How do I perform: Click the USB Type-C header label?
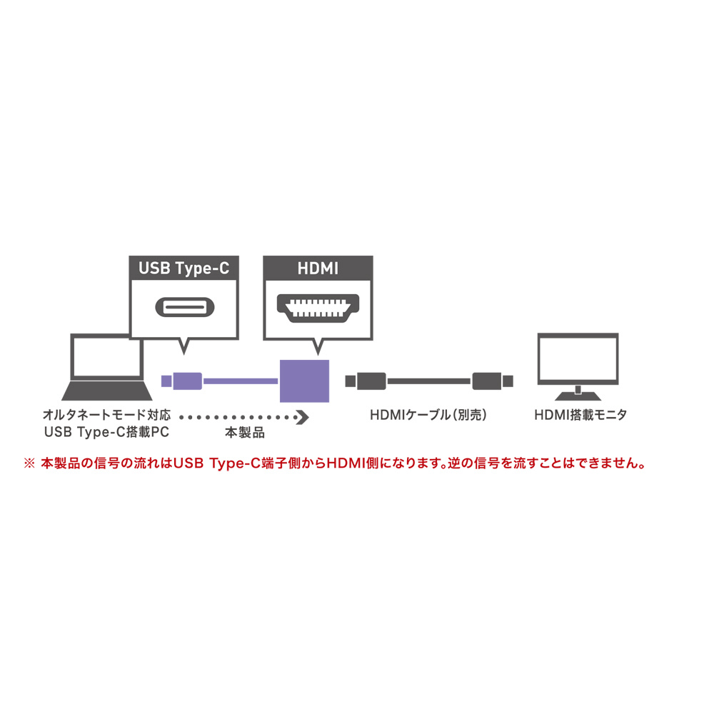pos(183,268)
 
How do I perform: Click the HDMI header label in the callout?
pos(318,268)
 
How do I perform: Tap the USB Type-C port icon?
pos(183,308)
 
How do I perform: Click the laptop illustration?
pos(107,368)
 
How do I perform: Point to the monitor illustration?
pos(578,361)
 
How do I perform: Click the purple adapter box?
pos(304,381)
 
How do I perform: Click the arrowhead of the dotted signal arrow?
pos(302,416)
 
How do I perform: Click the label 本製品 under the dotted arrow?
pos(244,433)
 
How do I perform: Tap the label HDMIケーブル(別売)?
pos(429,415)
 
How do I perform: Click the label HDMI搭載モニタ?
pos(580,415)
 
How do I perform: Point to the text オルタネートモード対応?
pos(107,415)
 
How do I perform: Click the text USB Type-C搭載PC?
pos(107,433)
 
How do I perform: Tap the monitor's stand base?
pos(578,394)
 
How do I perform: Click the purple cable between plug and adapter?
pos(241,381)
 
